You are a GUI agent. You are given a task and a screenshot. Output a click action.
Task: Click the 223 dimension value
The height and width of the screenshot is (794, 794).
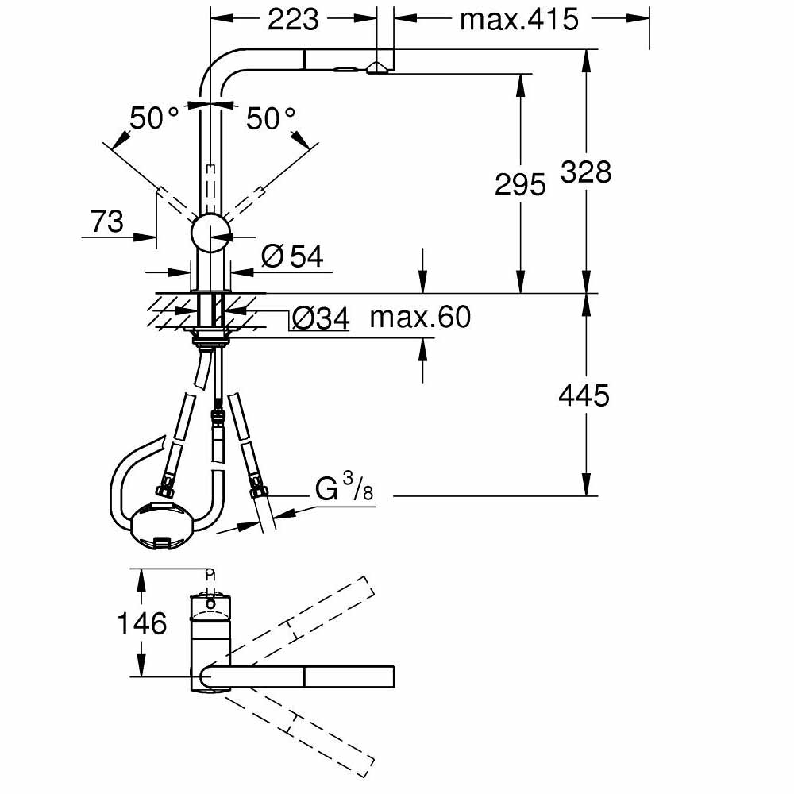click(293, 19)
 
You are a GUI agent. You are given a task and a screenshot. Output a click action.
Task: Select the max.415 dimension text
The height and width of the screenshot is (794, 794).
click(519, 19)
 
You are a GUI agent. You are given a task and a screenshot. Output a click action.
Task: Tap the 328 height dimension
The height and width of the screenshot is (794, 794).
click(586, 172)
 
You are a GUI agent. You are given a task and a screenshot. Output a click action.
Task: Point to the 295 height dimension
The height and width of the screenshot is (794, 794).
click(520, 184)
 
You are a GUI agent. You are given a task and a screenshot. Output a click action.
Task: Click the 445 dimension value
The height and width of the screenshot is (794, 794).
click(584, 395)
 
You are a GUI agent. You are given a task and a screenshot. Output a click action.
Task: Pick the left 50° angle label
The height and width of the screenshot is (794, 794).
click(155, 119)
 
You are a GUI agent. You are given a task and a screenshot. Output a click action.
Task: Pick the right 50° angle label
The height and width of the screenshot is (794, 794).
click(271, 119)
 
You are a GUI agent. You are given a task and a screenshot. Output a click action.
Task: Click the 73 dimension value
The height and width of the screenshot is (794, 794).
click(107, 222)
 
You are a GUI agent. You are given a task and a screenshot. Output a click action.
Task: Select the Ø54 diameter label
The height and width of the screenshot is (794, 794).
click(292, 256)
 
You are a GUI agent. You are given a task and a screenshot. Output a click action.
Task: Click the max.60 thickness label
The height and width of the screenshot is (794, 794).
click(420, 318)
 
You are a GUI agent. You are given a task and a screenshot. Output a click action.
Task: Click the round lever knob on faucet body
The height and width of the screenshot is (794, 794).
click(210, 233)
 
